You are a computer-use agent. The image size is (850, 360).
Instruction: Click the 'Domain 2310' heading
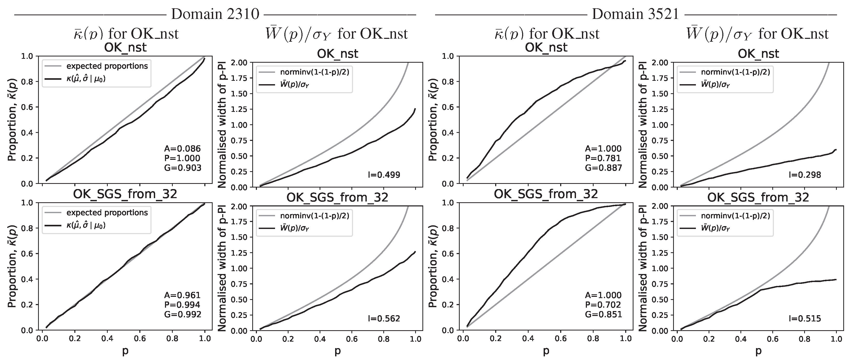(x=215, y=14)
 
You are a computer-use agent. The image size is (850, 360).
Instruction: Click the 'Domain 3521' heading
(x=636, y=14)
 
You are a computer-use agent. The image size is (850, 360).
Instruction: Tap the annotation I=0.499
(x=384, y=175)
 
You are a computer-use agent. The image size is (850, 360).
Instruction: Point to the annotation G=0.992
(x=183, y=314)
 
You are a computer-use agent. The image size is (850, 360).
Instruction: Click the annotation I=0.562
(x=384, y=318)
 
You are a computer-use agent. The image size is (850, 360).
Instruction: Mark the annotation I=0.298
(x=804, y=175)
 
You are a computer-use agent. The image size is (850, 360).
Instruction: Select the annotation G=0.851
(x=603, y=314)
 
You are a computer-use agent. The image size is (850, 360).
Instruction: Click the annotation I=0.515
(x=804, y=318)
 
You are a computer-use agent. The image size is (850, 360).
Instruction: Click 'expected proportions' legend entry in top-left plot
(x=107, y=66)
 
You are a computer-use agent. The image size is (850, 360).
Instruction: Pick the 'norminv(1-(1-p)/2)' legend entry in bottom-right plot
(x=735, y=216)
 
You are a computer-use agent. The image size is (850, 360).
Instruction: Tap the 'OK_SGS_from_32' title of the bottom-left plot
(x=125, y=194)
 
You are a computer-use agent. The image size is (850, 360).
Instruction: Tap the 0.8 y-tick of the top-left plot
(x=27, y=82)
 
